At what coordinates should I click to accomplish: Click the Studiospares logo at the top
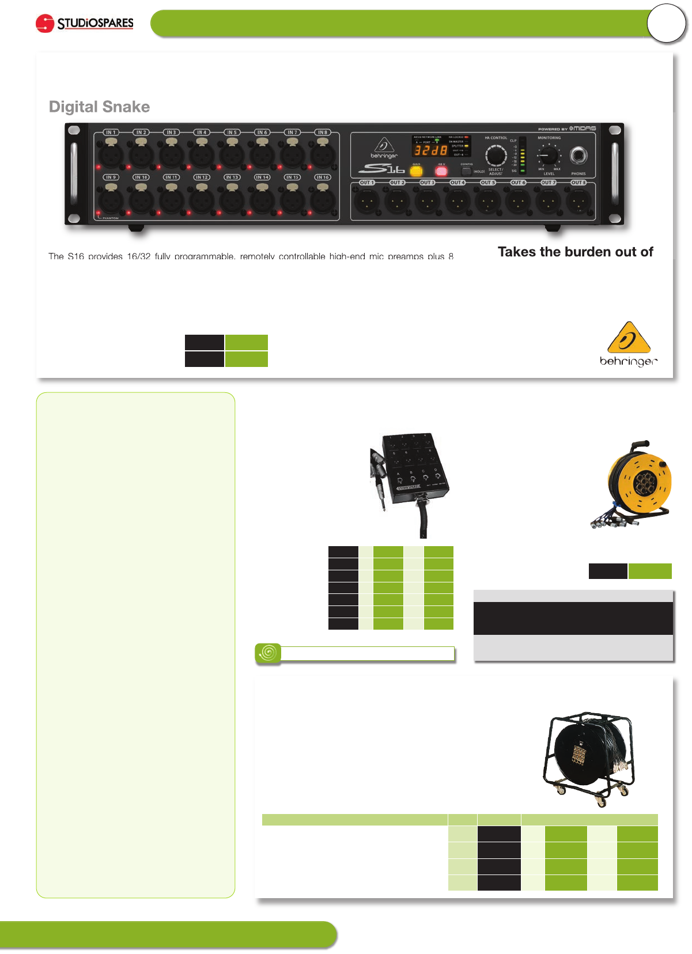[x=85, y=24]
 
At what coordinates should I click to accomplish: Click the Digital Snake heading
[x=99, y=107]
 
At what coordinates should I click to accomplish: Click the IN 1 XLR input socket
[x=111, y=153]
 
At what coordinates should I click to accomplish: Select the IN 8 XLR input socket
[x=323, y=153]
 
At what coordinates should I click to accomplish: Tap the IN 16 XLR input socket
[x=323, y=199]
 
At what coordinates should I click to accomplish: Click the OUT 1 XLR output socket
[x=366, y=202]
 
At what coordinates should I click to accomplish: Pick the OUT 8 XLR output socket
[x=578, y=202]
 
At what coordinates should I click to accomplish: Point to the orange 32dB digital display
[x=431, y=150]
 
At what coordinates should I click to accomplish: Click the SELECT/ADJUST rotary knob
[x=496, y=156]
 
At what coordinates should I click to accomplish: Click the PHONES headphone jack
[x=578, y=156]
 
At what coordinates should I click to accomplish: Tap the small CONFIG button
[x=466, y=171]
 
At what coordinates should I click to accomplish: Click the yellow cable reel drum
[x=640, y=483]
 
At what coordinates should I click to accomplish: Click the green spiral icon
[x=268, y=653]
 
